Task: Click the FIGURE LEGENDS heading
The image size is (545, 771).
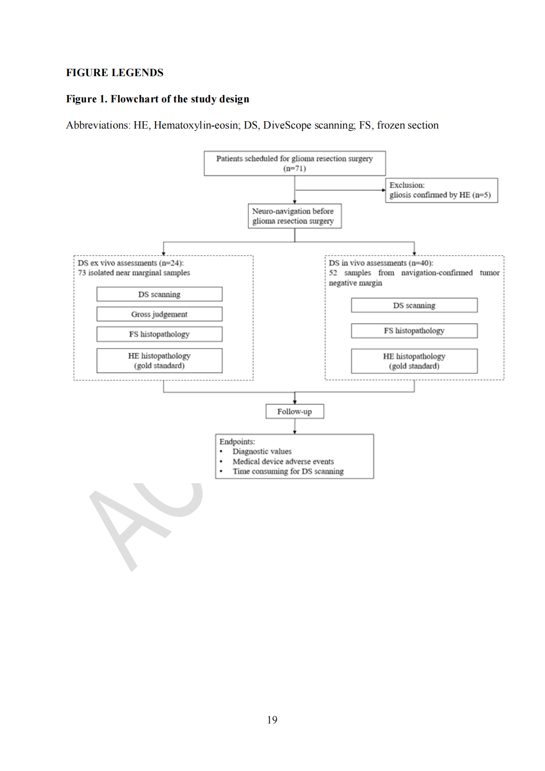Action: (x=115, y=73)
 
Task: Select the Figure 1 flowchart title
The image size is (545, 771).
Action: (x=157, y=99)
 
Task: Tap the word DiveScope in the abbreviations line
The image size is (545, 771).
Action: (x=287, y=125)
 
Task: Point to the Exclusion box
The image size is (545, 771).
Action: (x=441, y=190)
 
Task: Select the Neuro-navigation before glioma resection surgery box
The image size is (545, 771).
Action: (x=294, y=216)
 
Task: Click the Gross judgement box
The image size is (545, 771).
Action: (x=159, y=314)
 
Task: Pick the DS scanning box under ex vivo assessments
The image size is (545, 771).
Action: (x=159, y=294)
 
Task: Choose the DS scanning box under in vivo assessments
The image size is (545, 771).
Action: (x=414, y=305)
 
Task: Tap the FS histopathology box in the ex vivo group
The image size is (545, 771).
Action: (x=159, y=334)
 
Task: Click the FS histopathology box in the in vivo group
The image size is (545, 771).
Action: (x=414, y=331)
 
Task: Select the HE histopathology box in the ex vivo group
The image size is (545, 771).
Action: (x=159, y=361)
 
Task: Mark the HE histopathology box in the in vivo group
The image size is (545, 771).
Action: (x=414, y=361)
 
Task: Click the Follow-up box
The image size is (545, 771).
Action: (x=294, y=411)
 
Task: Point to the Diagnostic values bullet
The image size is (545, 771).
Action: (x=262, y=452)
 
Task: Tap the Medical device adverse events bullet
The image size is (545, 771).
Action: (x=283, y=461)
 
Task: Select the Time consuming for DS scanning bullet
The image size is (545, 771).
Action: (x=288, y=471)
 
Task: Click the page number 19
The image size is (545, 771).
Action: (x=272, y=720)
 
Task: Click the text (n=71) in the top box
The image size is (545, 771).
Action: (x=294, y=169)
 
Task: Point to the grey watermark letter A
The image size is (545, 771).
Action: (x=124, y=529)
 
